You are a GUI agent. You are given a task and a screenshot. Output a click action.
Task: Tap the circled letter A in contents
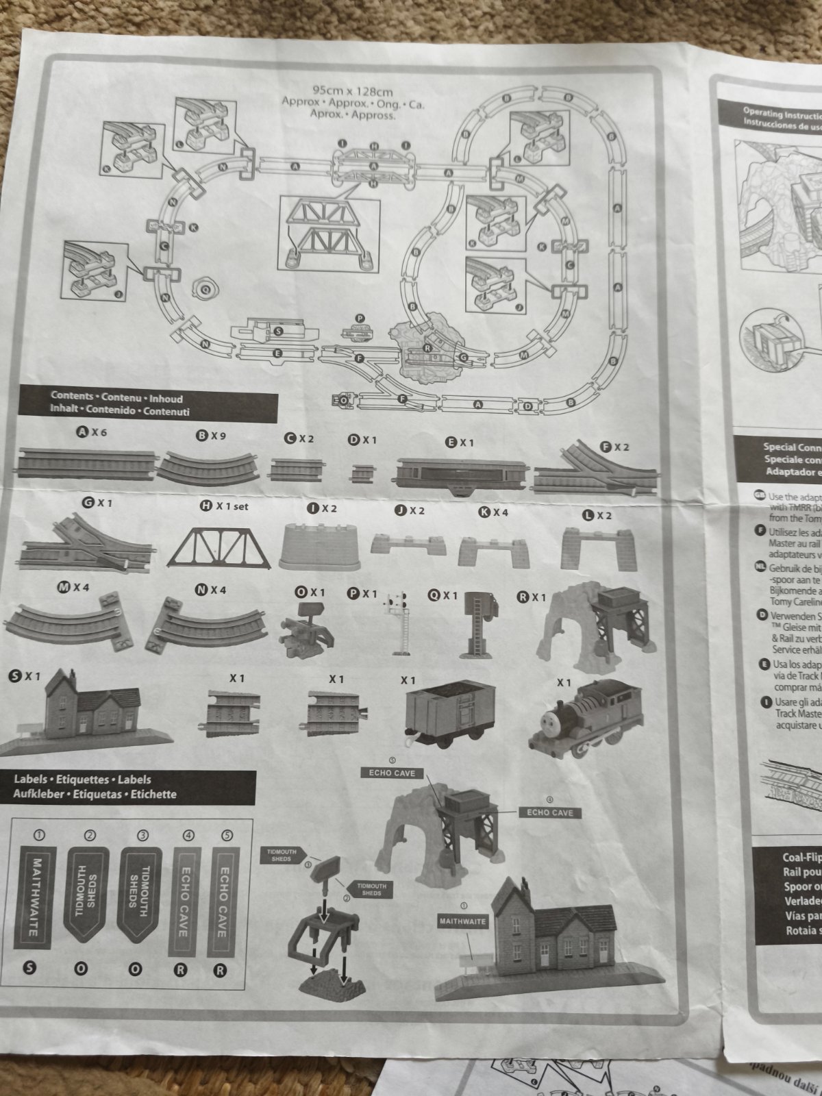[82, 433]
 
